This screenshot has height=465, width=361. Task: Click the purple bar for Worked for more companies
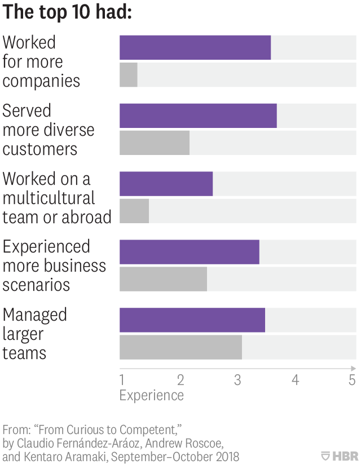pyautogui.click(x=195, y=47)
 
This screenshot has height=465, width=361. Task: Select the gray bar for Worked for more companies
pyautogui.click(x=129, y=75)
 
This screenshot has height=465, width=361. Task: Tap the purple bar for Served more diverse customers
pyautogui.click(x=198, y=116)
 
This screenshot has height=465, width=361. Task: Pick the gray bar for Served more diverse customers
pyautogui.click(x=155, y=143)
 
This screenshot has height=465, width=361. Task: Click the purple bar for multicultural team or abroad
pyautogui.click(x=166, y=184)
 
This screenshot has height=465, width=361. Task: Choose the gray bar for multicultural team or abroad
pyautogui.click(x=134, y=211)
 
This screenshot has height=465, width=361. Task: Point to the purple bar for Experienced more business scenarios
pyautogui.click(x=189, y=252)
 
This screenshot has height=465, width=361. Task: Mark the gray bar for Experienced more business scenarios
pyautogui.click(x=163, y=279)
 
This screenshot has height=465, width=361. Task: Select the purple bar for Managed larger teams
pyautogui.click(x=192, y=320)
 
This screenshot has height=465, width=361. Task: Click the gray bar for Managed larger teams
pyautogui.click(x=180, y=347)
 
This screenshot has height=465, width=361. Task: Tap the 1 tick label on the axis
pyautogui.click(x=122, y=380)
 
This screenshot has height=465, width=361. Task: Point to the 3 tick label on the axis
pyautogui.click(x=237, y=380)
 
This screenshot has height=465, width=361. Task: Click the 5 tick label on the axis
pyautogui.click(x=352, y=380)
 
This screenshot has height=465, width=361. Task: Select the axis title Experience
pyautogui.click(x=151, y=395)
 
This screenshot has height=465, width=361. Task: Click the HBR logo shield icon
pyautogui.click(x=325, y=455)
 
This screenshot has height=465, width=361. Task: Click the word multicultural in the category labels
pyautogui.click(x=49, y=198)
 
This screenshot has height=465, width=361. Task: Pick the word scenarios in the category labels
pyautogui.click(x=36, y=285)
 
